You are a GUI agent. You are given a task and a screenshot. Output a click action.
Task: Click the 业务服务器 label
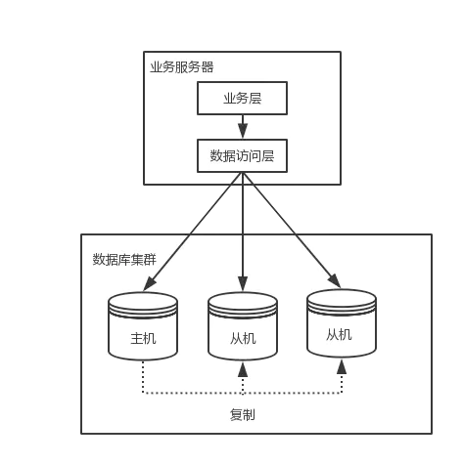pos(182,67)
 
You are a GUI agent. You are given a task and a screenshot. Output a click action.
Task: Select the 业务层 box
pos(242,98)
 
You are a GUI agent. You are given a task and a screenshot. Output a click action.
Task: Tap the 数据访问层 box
pos(242,155)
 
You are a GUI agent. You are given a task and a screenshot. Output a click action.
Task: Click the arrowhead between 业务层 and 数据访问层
pos(243,131)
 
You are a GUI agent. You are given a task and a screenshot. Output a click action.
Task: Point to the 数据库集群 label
pos(124,260)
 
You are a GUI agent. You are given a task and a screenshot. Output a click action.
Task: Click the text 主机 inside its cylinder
pos(143,338)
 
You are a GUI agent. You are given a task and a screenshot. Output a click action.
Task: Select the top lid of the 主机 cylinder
pos(143,301)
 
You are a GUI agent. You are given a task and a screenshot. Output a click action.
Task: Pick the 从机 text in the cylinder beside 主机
pos(243,339)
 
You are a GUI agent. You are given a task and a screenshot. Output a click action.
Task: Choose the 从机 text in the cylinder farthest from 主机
pos(339,335)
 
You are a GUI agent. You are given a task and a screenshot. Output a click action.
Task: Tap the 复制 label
pos(243,415)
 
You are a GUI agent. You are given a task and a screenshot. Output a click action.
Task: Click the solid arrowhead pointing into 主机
pos(150,283)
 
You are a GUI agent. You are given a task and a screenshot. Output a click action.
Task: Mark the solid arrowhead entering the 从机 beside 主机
pos(243,283)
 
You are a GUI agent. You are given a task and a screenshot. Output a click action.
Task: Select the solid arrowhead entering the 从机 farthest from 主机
pos(335,281)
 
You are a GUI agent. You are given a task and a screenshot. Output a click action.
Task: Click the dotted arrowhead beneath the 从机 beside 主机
pos(243,369)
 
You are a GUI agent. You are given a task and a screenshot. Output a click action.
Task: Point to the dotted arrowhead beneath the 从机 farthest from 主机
pos(342,366)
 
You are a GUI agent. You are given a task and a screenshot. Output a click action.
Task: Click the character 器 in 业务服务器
pos(208,67)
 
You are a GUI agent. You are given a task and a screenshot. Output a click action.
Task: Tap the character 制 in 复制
pos(249,415)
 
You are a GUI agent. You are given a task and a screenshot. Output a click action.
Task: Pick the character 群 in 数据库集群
pos(150,260)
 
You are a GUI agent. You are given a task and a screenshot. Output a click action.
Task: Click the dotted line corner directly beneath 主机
pos(143,393)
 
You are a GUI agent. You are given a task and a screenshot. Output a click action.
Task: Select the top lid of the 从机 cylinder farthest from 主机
pos(342,298)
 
